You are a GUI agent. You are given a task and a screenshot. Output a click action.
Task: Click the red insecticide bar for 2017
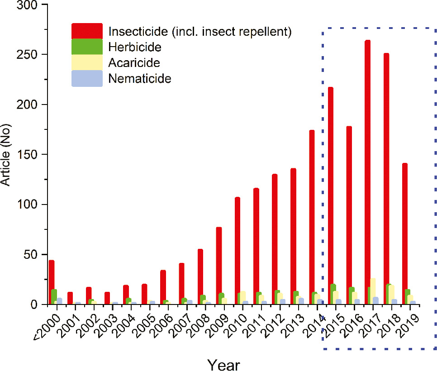[367, 172]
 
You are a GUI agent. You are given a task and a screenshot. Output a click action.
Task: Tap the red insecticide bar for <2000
[52, 282]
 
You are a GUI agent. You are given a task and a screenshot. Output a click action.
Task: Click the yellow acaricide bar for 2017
[373, 292]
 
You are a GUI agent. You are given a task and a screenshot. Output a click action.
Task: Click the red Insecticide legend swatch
[87, 31]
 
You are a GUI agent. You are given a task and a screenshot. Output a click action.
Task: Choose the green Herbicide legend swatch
[87, 47]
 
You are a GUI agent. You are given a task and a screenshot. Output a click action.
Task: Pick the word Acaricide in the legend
[134, 62]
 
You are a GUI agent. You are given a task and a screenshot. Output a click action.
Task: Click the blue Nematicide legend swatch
[87, 78]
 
